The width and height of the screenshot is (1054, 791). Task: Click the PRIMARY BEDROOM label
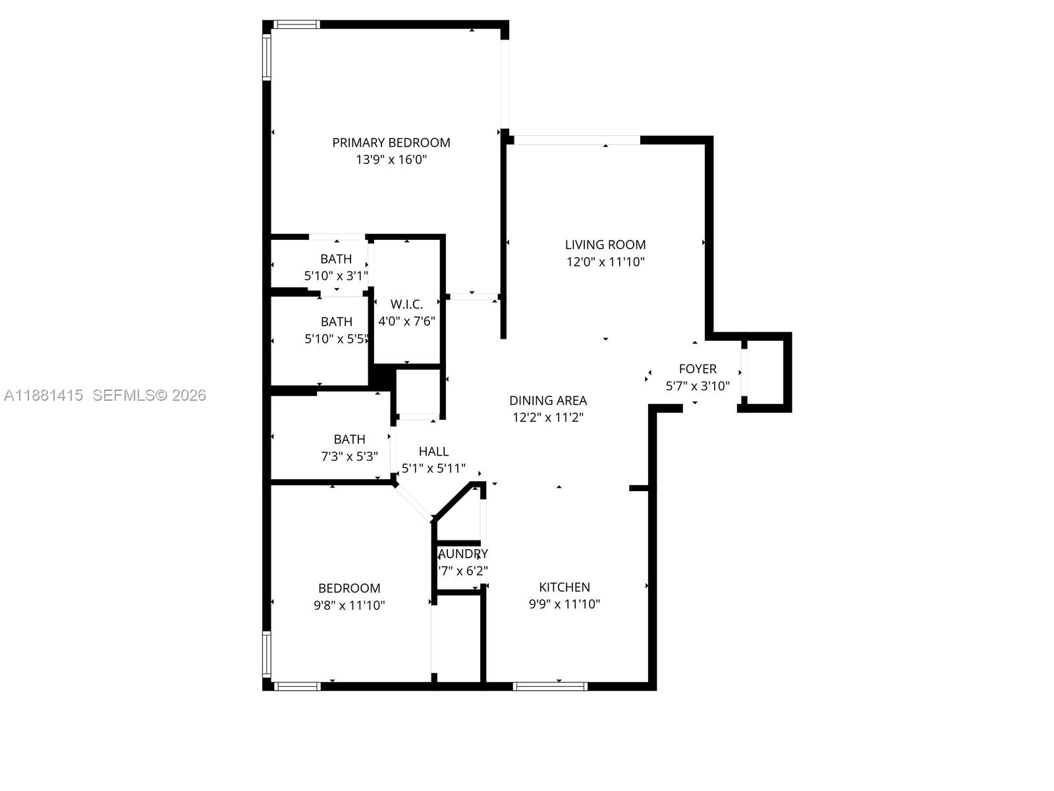click(391, 142)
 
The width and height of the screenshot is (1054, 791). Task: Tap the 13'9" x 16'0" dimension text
click(391, 160)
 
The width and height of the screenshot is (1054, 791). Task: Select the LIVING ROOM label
click(605, 245)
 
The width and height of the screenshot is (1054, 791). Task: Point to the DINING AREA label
click(548, 400)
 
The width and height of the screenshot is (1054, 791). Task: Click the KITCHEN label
click(565, 587)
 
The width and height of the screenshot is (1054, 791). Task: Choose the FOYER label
click(698, 368)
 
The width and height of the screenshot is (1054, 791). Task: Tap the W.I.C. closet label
click(406, 304)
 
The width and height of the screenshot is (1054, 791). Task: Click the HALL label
click(433, 452)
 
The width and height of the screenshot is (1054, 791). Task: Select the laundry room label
click(463, 554)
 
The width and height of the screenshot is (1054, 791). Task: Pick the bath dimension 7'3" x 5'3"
click(349, 456)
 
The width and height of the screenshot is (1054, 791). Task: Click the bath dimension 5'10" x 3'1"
click(336, 276)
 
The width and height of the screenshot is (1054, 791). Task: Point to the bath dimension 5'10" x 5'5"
click(336, 339)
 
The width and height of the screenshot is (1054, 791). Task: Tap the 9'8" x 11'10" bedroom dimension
click(349, 605)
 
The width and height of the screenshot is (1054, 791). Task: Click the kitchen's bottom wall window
click(550, 686)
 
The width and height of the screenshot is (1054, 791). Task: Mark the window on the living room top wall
click(576, 140)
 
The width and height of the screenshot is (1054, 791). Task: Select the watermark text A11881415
click(43, 395)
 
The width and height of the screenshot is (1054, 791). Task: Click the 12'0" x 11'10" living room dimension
click(605, 262)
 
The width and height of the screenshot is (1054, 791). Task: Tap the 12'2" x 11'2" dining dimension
click(548, 417)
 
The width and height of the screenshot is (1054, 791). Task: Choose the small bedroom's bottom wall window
click(297, 686)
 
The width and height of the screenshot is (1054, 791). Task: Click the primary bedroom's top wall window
click(296, 25)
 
